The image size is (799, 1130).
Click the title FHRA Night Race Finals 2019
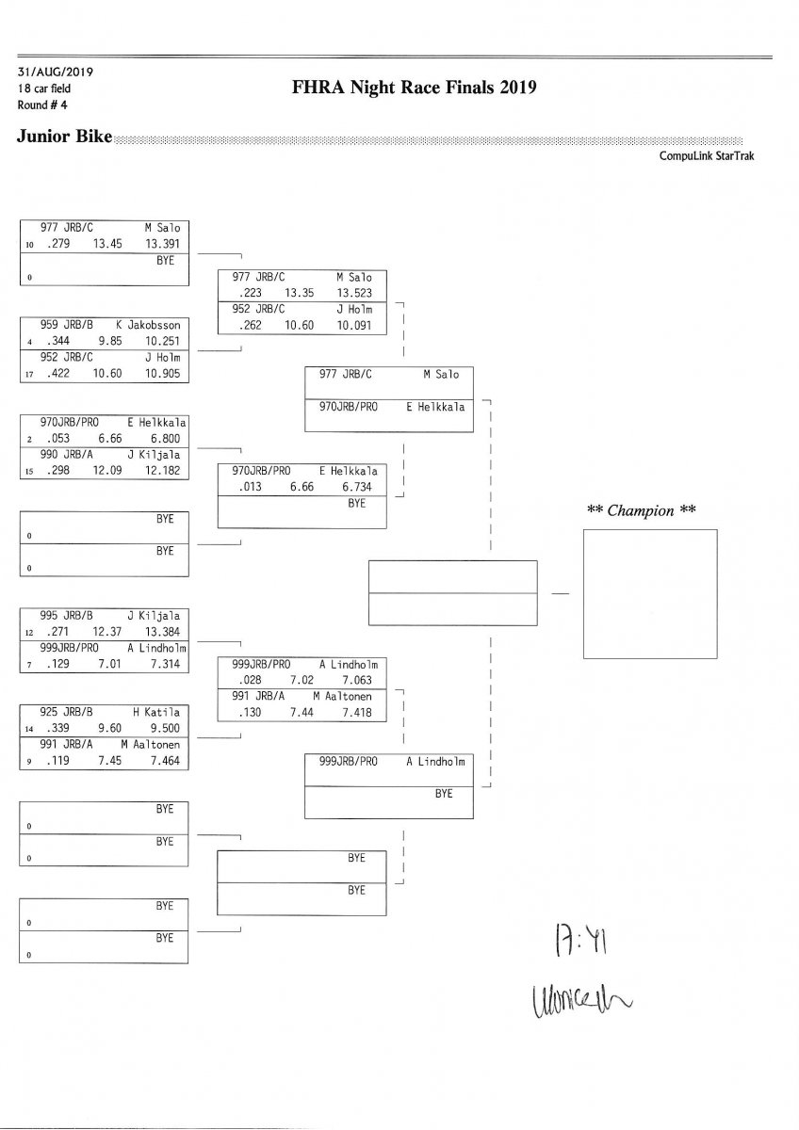pyautogui.click(x=415, y=89)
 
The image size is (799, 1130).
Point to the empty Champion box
pyautogui.click(x=650, y=593)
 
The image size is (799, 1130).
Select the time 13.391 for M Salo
pyautogui.click(x=164, y=243)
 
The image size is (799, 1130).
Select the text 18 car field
pyautogui.click(x=43, y=89)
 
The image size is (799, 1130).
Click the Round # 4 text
pyautogui.click(x=40, y=105)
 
